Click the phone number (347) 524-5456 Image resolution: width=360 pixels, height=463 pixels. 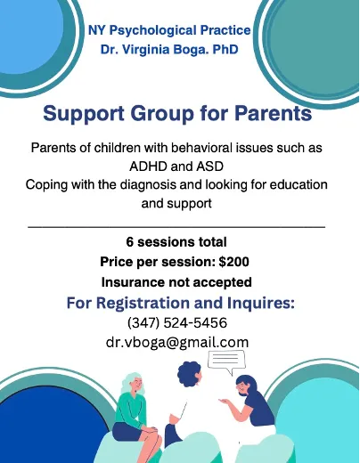(x=177, y=322)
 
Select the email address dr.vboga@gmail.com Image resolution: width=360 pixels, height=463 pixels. (x=177, y=341)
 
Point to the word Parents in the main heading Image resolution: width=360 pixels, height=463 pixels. (x=263, y=115)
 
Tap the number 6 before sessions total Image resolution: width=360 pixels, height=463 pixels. (x=131, y=242)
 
